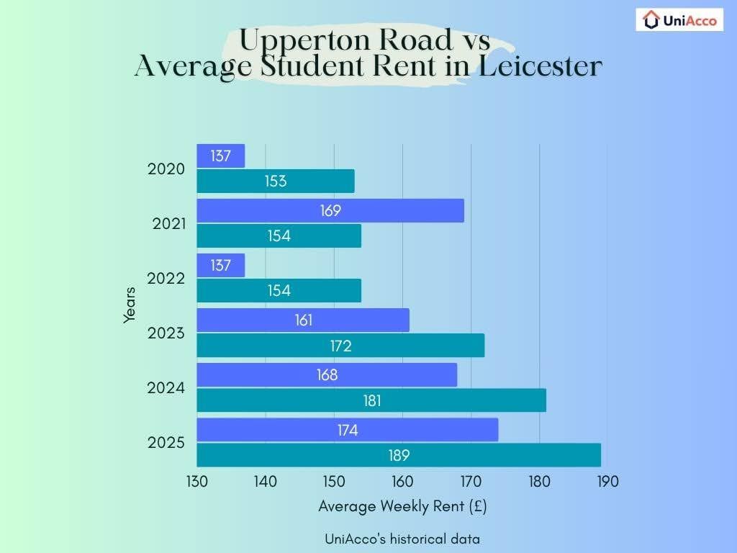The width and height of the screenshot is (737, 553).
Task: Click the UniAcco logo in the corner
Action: tap(679, 20)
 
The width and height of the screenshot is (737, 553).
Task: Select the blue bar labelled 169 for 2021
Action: tap(330, 211)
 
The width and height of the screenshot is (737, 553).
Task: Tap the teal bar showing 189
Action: tap(399, 455)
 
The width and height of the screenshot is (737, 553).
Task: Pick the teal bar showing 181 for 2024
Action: tap(371, 400)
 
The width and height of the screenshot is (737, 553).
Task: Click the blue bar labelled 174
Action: tap(348, 430)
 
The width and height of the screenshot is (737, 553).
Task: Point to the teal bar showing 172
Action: tap(340, 346)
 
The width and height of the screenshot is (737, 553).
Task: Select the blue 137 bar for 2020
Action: tap(221, 156)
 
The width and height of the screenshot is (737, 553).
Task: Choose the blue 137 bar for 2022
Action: tap(221, 266)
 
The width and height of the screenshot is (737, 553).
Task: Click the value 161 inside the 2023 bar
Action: tap(304, 320)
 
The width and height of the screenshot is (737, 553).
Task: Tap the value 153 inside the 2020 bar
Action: tap(275, 181)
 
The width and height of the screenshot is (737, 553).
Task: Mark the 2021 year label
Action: tap(168, 224)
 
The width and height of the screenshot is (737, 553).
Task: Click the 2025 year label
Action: tap(166, 443)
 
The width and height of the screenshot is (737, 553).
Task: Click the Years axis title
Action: tap(130, 305)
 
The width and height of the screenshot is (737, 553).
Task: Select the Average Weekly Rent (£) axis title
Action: tap(402, 506)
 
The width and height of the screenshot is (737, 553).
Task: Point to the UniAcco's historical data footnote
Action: tap(402, 539)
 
